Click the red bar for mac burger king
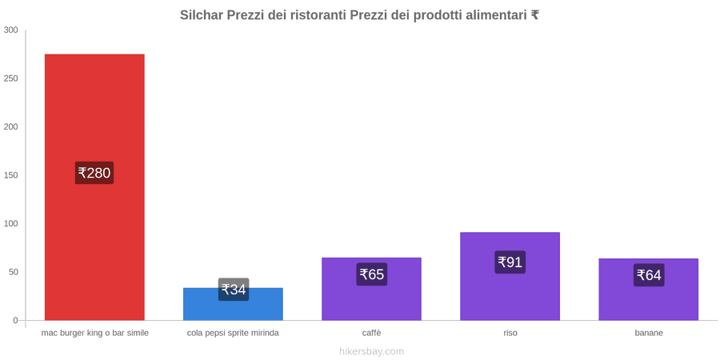[94, 187]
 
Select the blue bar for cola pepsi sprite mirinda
[234, 304]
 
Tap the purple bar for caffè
[371, 289]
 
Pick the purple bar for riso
[510, 277]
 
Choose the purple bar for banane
[648, 290]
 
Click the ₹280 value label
[94, 173]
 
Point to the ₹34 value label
[234, 290]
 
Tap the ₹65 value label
[371, 274]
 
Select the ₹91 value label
[510, 262]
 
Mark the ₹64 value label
[648, 275]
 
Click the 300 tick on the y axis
[10, 30]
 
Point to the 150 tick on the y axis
[10, 175]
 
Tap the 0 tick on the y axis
[15, 321]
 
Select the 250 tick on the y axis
[10, 78]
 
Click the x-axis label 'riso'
[510, 333]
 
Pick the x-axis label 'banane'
[649, 333]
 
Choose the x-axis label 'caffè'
[371, 333]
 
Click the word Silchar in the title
[202, 15]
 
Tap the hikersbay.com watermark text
[371, 351]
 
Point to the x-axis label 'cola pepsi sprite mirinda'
[233, 333]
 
